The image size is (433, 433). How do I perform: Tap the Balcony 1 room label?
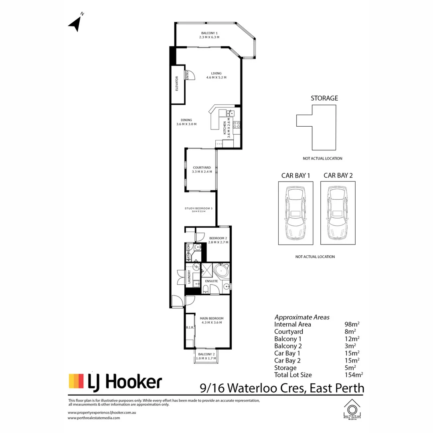[x=209, y=33]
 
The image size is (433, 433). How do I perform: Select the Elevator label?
[x=176, y=83]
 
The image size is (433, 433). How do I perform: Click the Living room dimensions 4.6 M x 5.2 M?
[x=216, y=77]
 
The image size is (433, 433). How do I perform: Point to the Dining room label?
[x=186, y=120]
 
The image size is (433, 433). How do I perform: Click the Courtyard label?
[x=202, y=168]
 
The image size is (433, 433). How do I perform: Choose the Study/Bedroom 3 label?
[x=198, y=208]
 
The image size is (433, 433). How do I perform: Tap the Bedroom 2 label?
[x=218, y=238]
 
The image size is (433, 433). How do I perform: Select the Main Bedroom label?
[x=211, y=318]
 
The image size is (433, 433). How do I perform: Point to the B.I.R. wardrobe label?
[x=190, y=328]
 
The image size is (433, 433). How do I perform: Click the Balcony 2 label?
[x=206, y=354]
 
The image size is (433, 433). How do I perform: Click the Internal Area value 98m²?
[x=352, y=324]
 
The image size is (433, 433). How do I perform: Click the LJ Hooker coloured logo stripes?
[x=76, y=381]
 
